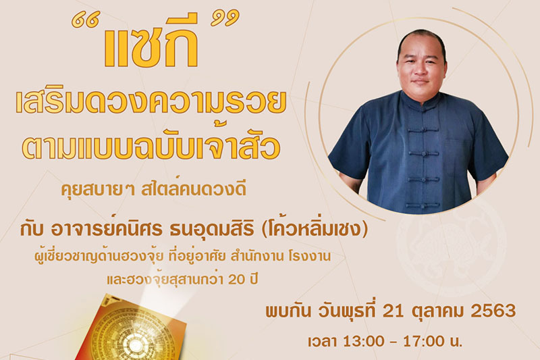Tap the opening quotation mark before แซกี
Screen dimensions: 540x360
point(86,20)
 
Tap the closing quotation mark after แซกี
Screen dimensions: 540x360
point(225,18)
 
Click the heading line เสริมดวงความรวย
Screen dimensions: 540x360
point(151,102)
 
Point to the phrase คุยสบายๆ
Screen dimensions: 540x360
point(98,190)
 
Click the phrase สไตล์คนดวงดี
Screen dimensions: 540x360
point(194,189)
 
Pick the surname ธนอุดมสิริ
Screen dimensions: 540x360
point(212,230)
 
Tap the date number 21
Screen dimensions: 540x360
point(394,311)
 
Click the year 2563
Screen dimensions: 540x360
point(493,311)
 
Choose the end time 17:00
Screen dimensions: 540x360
point(424,342)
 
